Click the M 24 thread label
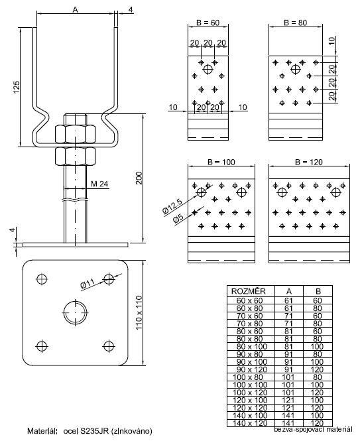click(99, 184)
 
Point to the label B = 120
click(308, 161)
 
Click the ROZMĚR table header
click(248, 290)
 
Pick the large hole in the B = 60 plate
click(208, 68)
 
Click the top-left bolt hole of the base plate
click(42, 278)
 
